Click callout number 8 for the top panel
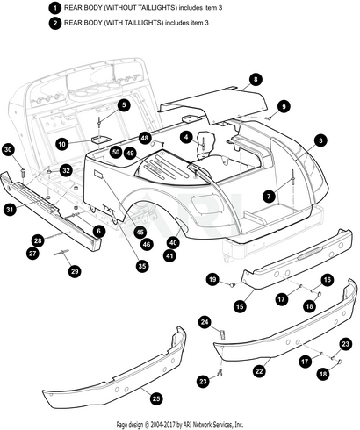(x=256, y=79)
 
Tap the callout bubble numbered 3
(x=320, y=140)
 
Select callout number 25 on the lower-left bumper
(x=156, y=398)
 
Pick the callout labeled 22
(x=259, y=371)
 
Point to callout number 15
(x=240, y=306)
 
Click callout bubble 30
(x=8, y=150)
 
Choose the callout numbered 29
(x=75, y=271)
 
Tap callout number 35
(x=142, y=266)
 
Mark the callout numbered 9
(x=284, y=107)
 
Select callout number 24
(x=205, y=322)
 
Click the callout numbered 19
(x=212, y=279)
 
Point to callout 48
(x=145, y=138)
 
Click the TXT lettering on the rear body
(x=109, y=209)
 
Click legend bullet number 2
(x=55, y=23)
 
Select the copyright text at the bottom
(x=180, y=424)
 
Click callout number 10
(x=62, y=144)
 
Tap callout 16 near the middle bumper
(x=328, y=280)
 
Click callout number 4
(x=186, y=137)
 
